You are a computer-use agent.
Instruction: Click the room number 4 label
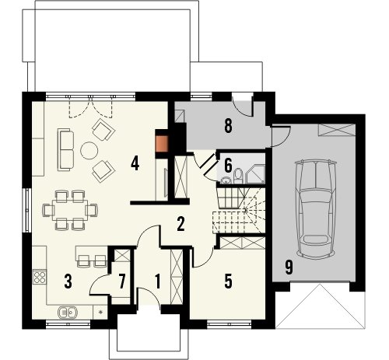[135, 164]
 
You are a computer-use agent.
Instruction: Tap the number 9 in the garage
[289, 267]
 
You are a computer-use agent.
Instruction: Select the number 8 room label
[228, 126]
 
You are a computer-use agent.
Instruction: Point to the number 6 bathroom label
[228, 166]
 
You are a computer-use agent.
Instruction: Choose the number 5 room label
[228, 281]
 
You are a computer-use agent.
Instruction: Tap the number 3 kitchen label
[68, 281]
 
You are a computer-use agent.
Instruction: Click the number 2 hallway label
[180, 224]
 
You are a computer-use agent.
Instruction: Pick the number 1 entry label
[157, 281]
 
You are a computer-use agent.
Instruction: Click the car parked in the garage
[316, 209]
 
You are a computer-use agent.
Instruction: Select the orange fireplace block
[162, 143]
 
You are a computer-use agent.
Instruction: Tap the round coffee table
[89, 150]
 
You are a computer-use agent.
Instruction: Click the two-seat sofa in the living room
[65, 149]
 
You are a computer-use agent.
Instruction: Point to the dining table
[70, 210]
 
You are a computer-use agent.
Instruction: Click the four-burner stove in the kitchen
[40, 277]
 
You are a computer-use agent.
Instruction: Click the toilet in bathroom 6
[238, 176]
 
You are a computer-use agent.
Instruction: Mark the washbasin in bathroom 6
[226, 180]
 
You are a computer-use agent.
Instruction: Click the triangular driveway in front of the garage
[321, 306]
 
